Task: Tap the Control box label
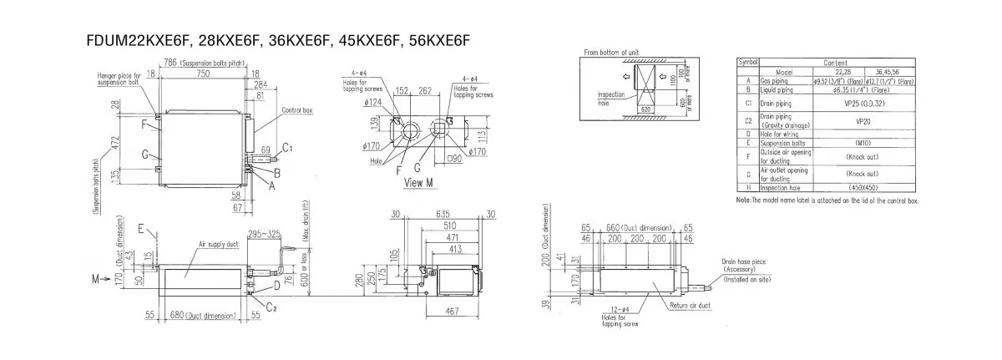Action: click(296, 109)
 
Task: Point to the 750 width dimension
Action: click(198, 74)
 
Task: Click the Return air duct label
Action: click(689, 307)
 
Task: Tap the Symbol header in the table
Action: click(746, 63)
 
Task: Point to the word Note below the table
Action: click(744, 201)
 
